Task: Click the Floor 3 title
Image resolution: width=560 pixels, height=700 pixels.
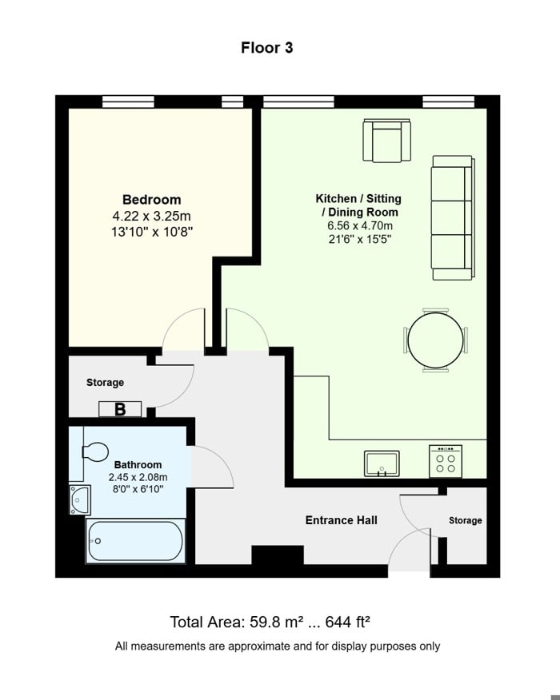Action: [x=267, y=48]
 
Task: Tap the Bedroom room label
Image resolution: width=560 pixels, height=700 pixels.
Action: [x=151, y=200]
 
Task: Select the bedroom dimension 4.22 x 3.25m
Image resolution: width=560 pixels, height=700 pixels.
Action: [x=151, y=216]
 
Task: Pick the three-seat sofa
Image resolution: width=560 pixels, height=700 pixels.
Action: [x=452, y=217]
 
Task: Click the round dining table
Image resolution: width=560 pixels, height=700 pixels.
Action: [x=435, y=340]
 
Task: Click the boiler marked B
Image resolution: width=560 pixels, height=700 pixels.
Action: [x=120, y=409]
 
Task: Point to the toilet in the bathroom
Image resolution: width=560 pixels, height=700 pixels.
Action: [x=94, y=452]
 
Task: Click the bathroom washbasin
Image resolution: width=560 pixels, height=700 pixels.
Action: [x=80, y=499]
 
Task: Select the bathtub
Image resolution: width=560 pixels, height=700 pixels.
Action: [x=135, y=542]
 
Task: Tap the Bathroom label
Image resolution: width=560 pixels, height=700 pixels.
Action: [x=138, y=464]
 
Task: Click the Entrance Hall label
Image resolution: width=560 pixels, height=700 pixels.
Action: [x=341, y=520]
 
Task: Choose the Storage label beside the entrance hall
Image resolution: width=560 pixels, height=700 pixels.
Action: [x=465, y=520]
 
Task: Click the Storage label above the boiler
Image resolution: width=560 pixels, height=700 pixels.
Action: [x=105, y=383]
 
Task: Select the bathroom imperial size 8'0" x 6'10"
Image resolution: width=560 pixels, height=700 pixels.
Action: [x=138, y=488]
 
